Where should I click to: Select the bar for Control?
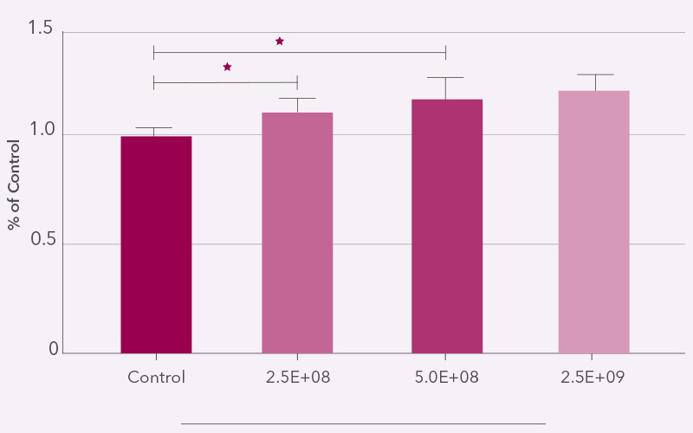tap(156, 244)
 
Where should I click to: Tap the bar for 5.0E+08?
tap(446, 226)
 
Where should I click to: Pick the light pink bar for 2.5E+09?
tap(593, 222)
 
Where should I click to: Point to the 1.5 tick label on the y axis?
tap(40, 30)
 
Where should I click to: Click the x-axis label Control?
tap(156, 378)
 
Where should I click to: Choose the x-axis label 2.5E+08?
tap(297, 378)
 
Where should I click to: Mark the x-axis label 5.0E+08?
tap(446, 378)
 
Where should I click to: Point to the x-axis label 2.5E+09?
tap(593, 378)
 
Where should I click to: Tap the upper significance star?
tap(280, 41)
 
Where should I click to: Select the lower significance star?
tap(228, 67)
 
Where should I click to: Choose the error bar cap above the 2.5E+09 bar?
tap(594, 74)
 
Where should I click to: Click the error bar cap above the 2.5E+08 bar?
tap(297, 98)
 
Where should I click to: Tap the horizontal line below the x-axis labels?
tap(363, 423)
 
